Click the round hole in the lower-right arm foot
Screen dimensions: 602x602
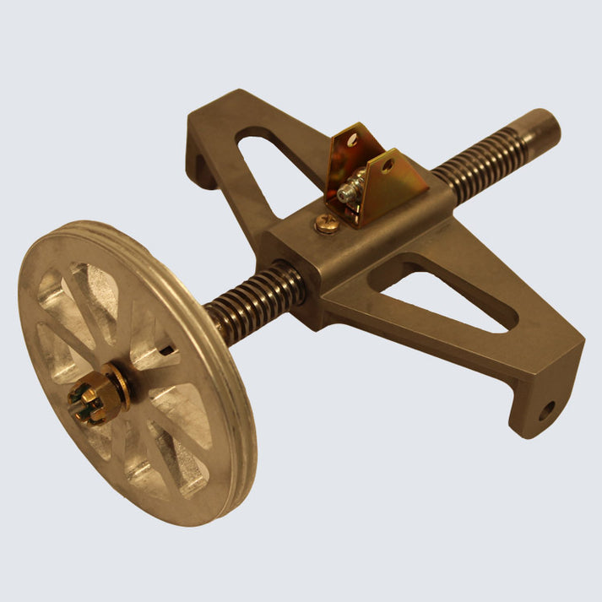tap(546, 411)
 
